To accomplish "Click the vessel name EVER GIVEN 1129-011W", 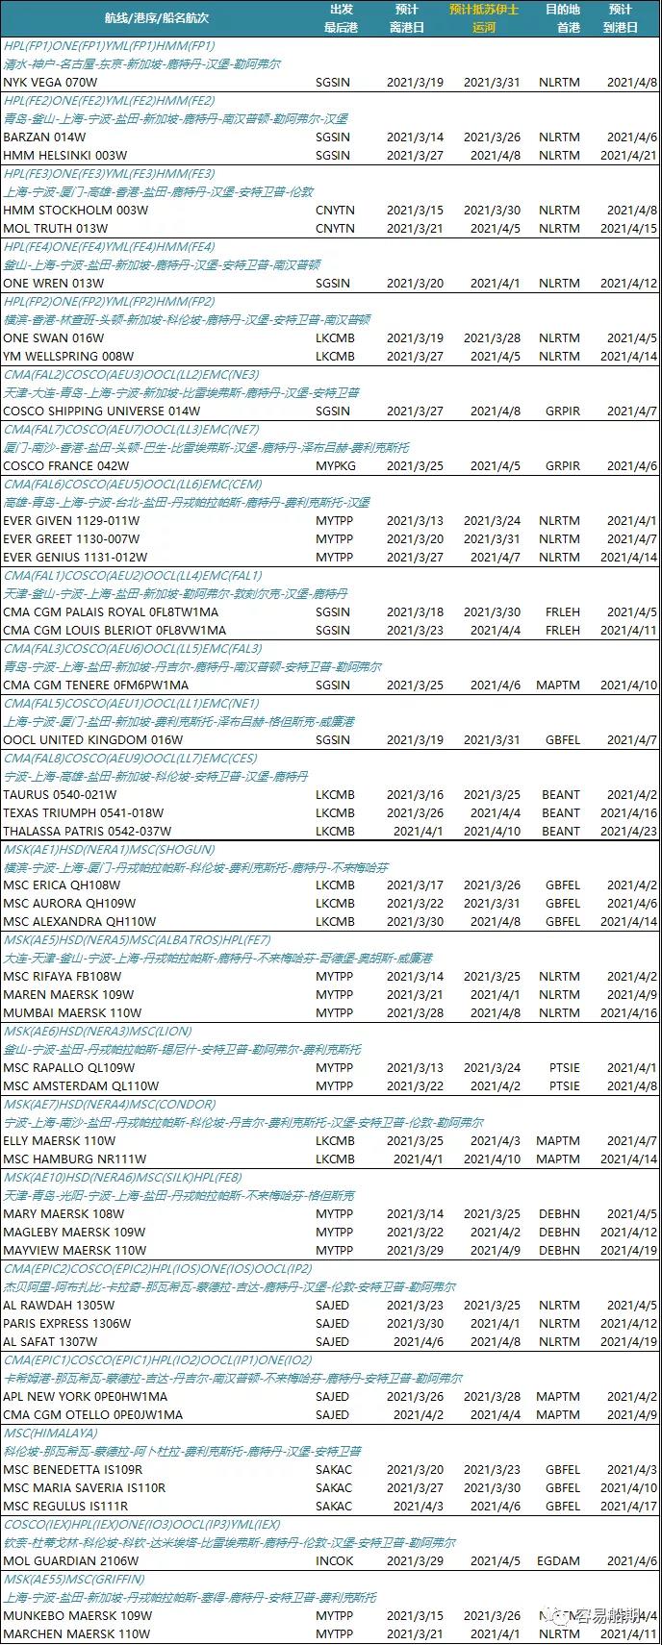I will click(71, 521).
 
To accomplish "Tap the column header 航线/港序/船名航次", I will click(157, 18).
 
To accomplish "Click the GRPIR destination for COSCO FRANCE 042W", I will click(563, 466).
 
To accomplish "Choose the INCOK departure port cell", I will click(334, 1561).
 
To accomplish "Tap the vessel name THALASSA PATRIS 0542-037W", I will click(88, 832).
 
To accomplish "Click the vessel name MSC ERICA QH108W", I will click(62, 885).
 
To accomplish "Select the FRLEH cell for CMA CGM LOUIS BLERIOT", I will click(563, 631).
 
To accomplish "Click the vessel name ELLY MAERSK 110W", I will click(60, 1141).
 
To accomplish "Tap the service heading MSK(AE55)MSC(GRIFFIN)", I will click(73, 1580).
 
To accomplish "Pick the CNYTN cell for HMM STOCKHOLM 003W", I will click(335, 211).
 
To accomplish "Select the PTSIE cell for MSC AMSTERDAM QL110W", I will click(564, 1086).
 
